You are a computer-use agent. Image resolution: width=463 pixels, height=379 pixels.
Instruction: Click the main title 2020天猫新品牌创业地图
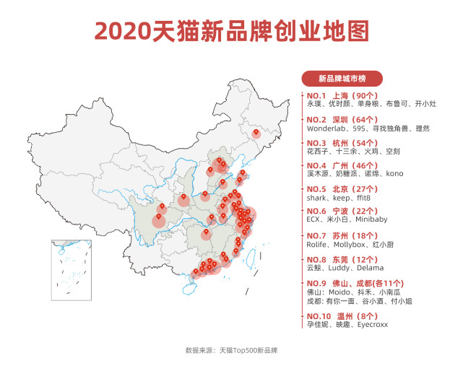231,30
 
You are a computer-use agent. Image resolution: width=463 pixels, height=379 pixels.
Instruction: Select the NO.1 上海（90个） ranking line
342,95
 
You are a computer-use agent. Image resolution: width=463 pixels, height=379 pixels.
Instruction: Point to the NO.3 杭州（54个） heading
342,143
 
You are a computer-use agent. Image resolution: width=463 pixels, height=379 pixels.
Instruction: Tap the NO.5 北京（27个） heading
342,189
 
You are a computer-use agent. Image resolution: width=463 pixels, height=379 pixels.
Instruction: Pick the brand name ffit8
368,198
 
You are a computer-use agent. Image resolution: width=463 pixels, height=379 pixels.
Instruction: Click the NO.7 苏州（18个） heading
342,236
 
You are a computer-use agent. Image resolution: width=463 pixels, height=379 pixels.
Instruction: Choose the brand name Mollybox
350,245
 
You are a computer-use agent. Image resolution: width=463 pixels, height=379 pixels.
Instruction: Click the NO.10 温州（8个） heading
342,316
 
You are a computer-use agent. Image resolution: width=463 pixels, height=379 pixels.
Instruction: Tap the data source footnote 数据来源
231,351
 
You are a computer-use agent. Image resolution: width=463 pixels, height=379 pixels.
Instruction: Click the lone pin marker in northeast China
255,133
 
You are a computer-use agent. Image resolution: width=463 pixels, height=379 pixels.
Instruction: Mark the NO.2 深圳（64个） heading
342,119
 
